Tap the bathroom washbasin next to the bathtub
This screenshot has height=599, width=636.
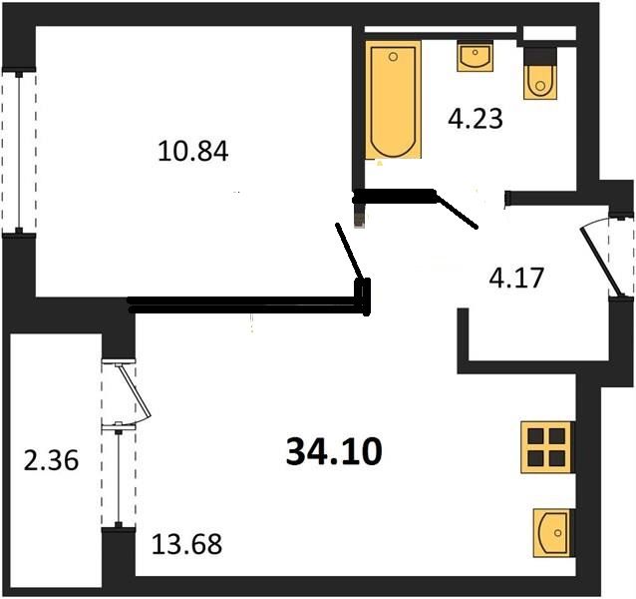[x=475, y=56]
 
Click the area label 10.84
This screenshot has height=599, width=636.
[x=193, y=152]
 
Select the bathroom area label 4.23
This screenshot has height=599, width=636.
[x=475, y=120]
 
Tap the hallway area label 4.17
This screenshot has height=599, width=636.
[x=515, y=275]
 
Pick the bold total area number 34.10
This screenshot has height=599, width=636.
[x=333, y=452]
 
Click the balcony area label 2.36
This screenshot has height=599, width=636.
[x=50, y=462]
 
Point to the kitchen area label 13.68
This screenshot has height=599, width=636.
[x=186, y=545]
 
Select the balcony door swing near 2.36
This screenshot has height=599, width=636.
[x=134, y=392]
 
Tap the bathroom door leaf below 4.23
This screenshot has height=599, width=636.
[x=458, y=212]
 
